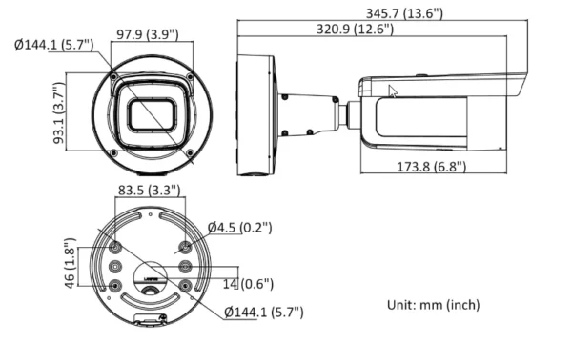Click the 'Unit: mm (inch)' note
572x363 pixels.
pos(433,305)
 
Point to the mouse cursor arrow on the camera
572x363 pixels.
pos(392,91)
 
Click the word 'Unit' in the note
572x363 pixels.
pos(398,305)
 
